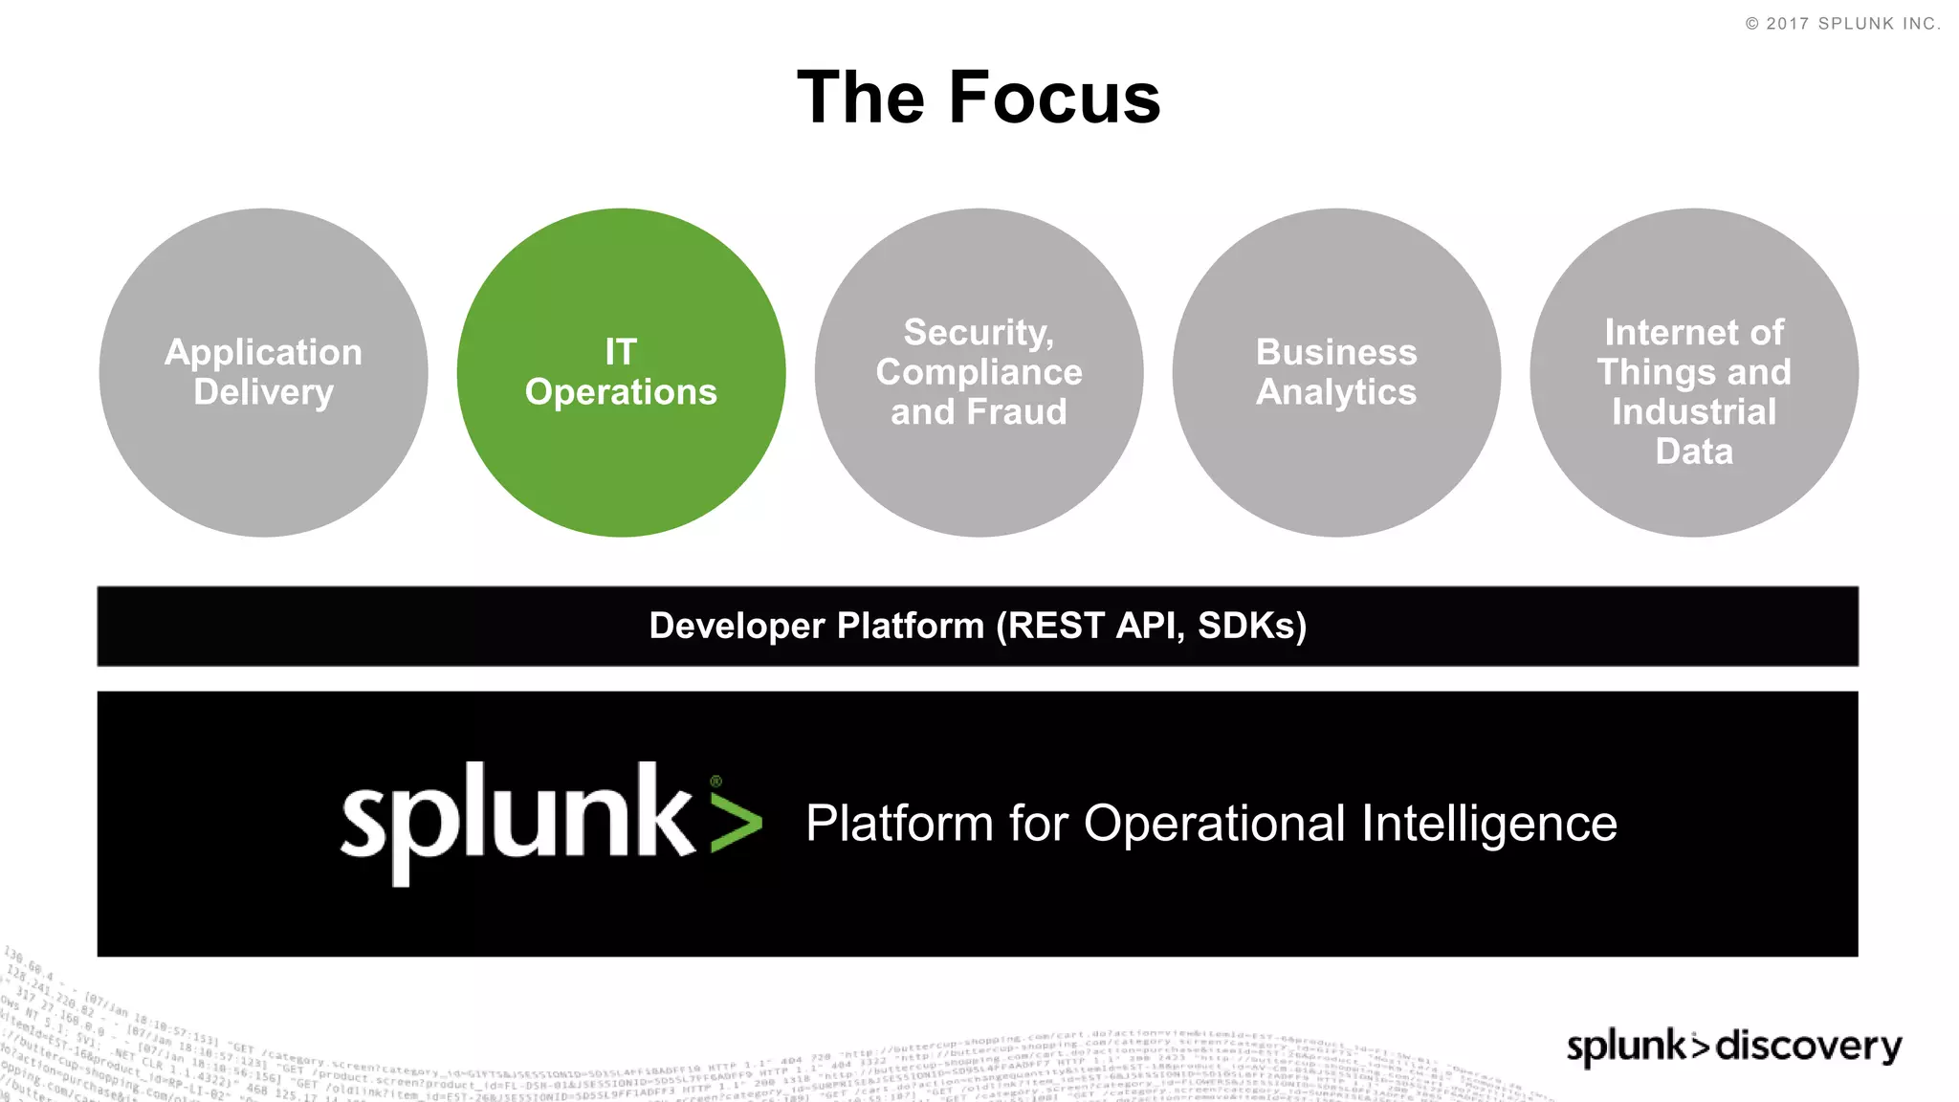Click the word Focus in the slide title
click(1054, 98)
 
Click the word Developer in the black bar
click(737, 626)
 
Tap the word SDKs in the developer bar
click(1251, 626)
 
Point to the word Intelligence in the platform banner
click(1488, 824)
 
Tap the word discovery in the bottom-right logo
click(1808, 1046)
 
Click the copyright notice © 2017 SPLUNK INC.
click(1843, 24)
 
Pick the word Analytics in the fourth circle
click(1336, 392)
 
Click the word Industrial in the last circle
click(1694, 412)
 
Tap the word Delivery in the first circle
click(263, 392)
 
